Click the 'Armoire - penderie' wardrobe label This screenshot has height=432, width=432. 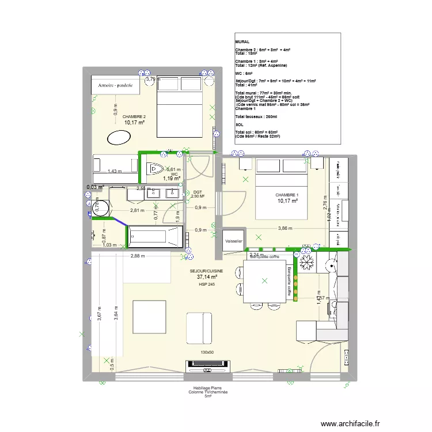coord(116,85)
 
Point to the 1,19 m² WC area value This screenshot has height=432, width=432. coord(171,179)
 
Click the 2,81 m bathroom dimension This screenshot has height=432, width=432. coord(137,211)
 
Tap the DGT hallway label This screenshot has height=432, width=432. coord(198,192)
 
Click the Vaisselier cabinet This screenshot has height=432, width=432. coord(234,241)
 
